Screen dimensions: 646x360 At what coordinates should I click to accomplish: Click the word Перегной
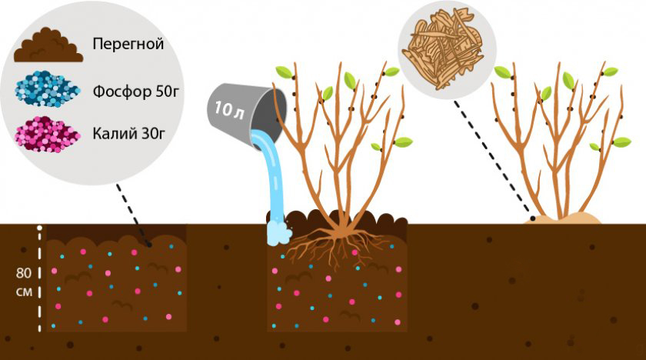(x=128, y=44)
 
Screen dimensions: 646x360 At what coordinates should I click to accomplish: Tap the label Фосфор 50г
(x=135, y=91)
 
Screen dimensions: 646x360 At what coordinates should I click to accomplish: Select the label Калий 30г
(x=128, y=133)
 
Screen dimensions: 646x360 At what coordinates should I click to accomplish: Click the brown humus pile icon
(x=48, y=45)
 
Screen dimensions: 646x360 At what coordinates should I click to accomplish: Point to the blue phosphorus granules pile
(x=47, y=89)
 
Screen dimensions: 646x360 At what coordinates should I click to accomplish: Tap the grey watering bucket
(x=246, y=112)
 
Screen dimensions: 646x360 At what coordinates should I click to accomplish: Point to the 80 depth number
(x=24, y=272)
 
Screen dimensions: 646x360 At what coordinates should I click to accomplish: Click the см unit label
(x=24, y=292)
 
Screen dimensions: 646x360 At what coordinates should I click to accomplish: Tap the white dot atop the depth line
(x=39, y=228)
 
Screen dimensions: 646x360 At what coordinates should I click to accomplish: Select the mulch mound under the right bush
(x=562, y=218)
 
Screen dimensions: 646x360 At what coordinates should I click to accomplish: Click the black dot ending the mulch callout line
(x=533, y=218)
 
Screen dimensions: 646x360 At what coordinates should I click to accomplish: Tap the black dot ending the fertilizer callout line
(x=149, y=245)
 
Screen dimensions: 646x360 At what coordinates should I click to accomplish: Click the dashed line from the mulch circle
(x=494, y=159)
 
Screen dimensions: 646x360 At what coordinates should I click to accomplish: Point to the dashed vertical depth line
(x=39, y=280)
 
